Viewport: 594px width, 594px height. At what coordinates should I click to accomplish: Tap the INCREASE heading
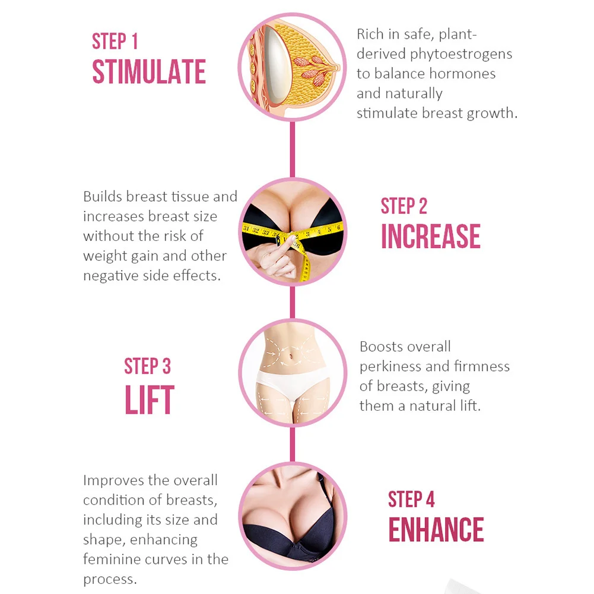pos(430,236)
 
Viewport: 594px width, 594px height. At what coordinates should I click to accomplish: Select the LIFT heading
pos(149,400)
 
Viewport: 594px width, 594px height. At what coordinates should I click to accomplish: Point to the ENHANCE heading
pos(436,530)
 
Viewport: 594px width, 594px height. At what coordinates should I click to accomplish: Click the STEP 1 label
pos(115,42)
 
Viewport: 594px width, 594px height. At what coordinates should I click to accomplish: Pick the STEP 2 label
pos(404,206)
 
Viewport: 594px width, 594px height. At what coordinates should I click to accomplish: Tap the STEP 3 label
pos(147,366)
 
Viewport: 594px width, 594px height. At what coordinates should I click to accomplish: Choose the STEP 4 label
pos(411,500)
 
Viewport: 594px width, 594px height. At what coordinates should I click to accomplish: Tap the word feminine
pos(111,559)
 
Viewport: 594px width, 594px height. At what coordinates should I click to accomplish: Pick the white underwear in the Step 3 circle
pos(292,386)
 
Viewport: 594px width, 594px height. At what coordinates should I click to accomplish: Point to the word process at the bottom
pos(109,579)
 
